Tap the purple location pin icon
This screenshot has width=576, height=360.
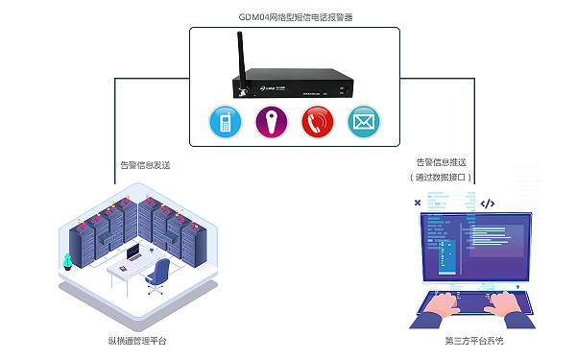[271, 122]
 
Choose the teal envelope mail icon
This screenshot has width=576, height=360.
[363, 122]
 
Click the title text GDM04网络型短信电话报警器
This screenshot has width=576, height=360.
[295, 16]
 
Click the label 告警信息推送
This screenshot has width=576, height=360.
[441, 163]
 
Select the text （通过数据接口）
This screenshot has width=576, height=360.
[441, 178]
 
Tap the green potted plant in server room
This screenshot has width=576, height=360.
[67, 261]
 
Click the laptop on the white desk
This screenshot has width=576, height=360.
[132, 254]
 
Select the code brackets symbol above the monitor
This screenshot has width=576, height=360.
[487, 204]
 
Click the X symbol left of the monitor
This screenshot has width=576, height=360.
[416, 203]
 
